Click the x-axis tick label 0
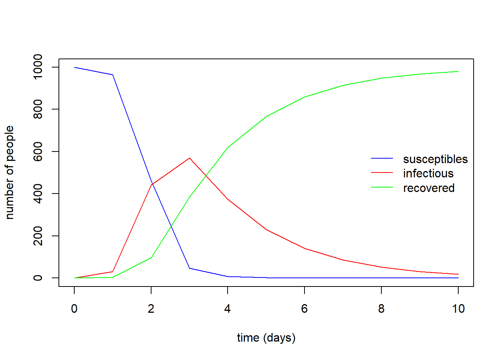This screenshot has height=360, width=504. pos(74,309)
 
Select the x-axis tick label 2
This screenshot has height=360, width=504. pos(151,309)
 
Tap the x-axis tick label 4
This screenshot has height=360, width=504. pos(228,309)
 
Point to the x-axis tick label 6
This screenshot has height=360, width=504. pos(304,309)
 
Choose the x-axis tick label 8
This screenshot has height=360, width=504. pos(381,309)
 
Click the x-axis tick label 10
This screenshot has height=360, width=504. pos(458,309)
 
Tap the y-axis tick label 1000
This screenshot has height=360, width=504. pos(38,67)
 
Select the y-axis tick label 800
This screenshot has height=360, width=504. pos(38,109)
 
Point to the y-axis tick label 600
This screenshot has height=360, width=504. pos(38,151)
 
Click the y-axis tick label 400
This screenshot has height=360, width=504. pos(38,193)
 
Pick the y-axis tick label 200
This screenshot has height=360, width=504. pos(38,236)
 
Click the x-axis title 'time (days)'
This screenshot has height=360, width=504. pos(266,337)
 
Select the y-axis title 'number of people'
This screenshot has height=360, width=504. pos(9,172)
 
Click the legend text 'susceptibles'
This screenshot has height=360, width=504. pos(435,159)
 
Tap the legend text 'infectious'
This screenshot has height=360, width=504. pos(428,173)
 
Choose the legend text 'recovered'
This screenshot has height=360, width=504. pos(429,188)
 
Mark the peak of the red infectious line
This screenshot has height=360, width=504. pos(190,158)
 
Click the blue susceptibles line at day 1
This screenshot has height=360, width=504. pos(113,75)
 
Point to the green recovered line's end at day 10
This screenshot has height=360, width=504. pos(458,72)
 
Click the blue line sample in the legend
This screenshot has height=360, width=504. pos(382,159)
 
